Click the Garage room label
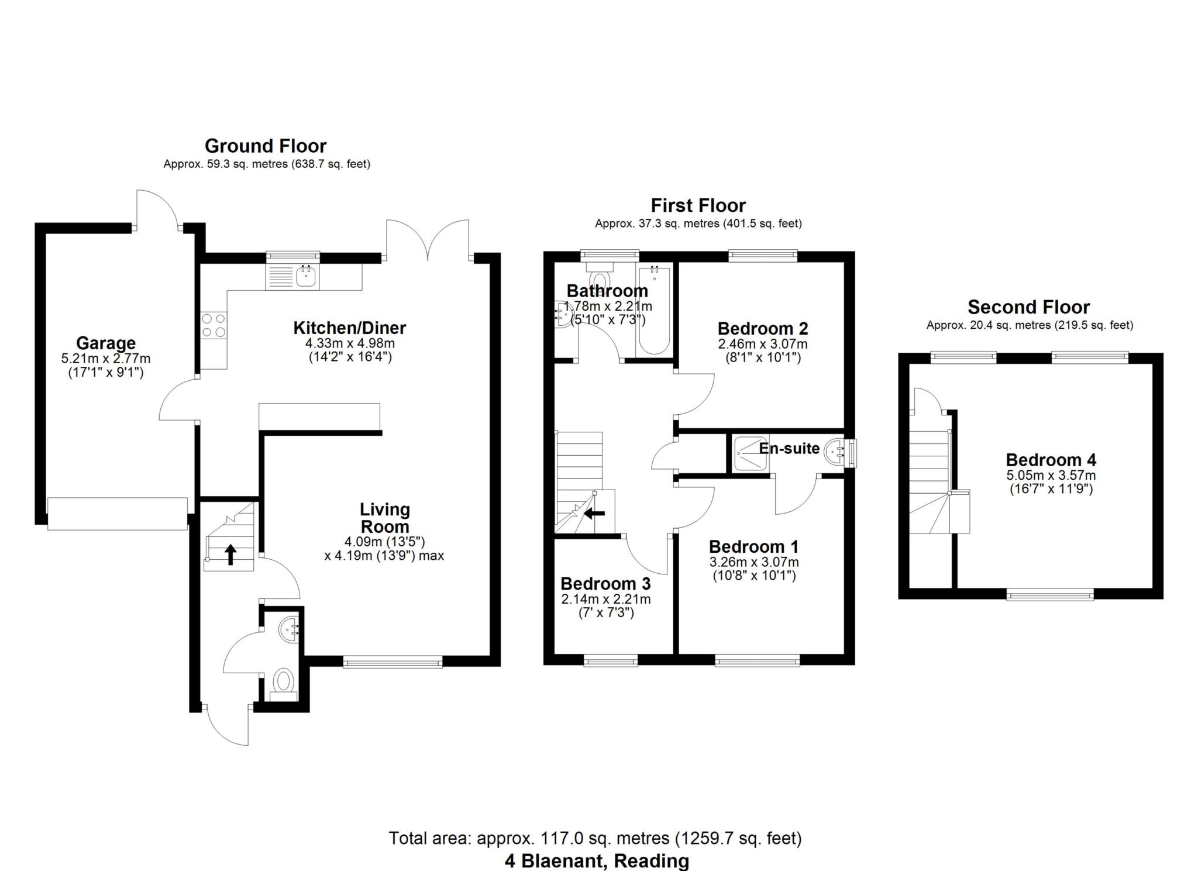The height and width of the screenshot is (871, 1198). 105,343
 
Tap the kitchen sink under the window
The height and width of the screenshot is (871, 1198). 306,276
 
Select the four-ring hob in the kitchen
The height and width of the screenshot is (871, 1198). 214,325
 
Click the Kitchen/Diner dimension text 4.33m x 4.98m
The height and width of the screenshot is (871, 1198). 350,344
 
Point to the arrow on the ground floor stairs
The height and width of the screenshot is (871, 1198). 230,554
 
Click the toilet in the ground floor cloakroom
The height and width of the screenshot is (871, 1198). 284,681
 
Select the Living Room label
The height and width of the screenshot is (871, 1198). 384,518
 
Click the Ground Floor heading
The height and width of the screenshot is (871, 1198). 266,146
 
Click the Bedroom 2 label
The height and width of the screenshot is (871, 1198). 762,328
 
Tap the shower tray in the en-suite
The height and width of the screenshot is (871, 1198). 749,453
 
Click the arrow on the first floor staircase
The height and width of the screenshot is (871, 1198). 595,514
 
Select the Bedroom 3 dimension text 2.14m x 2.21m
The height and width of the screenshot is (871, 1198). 605,599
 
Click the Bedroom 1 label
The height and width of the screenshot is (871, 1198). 753,547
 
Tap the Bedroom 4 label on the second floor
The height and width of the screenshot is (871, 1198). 1051,460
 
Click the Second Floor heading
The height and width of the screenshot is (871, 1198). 1028,307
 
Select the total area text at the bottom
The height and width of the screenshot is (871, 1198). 595,838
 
